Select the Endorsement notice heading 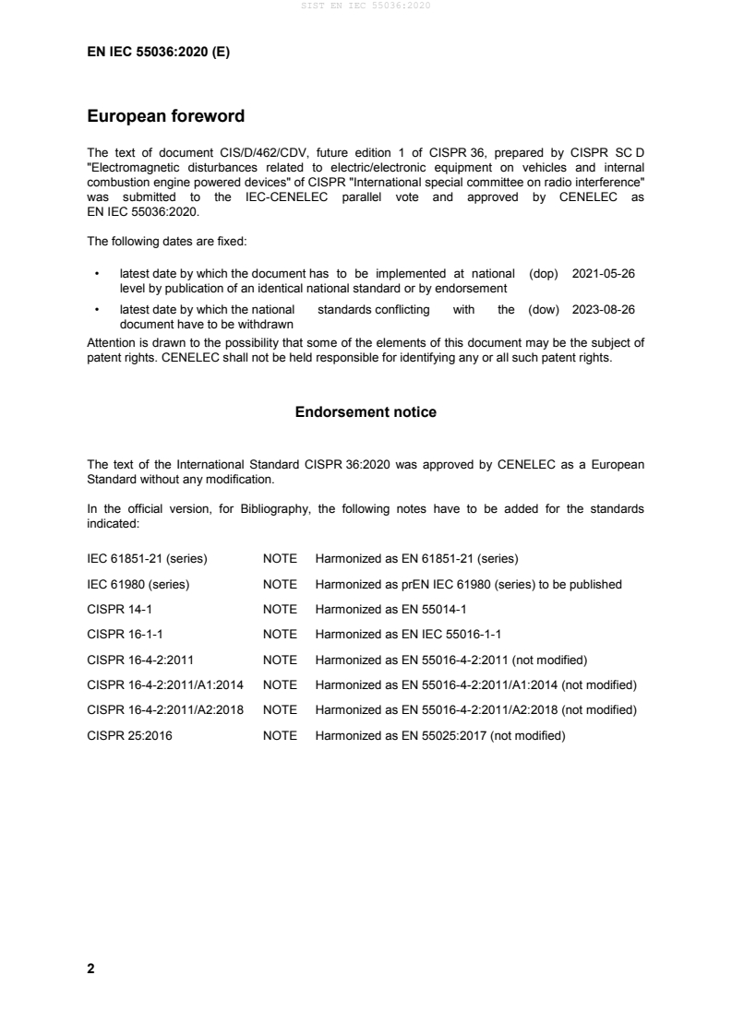(x=366, y=412)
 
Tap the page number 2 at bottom (x=90, y=969)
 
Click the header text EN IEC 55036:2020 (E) (x=158, y=53)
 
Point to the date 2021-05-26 (x=604, y=274)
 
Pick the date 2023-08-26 (x=604, y=311)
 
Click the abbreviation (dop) (x=544, y=274)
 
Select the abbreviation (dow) (x=544, y=311)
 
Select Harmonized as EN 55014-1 (x=392, y=609)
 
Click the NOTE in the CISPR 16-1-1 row (x=280, y=634)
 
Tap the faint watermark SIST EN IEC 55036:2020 (x=366, y=6)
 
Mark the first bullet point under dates (x=97, y=275)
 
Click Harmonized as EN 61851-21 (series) (x=416, y=559)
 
